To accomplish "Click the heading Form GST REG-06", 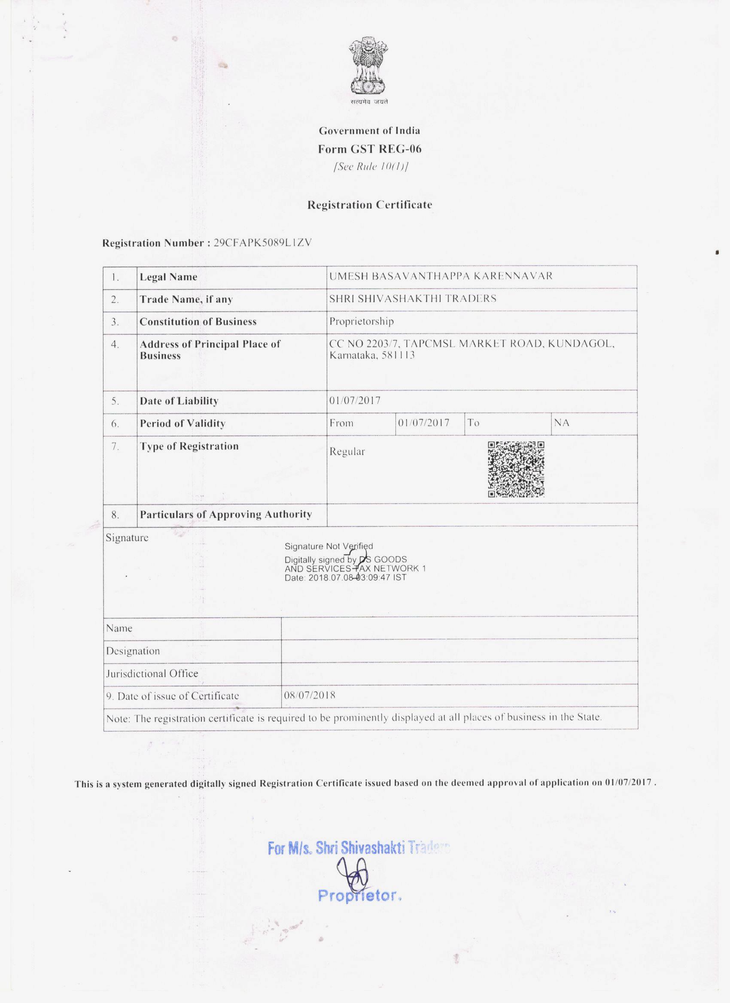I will click(369, 149).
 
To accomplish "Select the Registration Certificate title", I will click(370, 205).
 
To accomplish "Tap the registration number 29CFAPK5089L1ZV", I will click(262, 243).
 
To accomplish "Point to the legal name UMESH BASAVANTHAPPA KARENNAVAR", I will click(441, 276).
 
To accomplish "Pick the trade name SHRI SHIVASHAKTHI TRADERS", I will click(413, 299).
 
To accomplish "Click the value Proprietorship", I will click(361, 321).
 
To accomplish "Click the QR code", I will click(516, 469).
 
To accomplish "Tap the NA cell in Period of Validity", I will click(561, 423).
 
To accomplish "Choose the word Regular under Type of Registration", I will click(347, 452).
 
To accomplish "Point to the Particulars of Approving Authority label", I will click(226, 514).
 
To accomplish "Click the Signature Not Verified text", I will click(328, 546).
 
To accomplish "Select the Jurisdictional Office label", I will click(152, 673).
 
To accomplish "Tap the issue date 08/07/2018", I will click(310, 695).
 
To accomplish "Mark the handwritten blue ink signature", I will click(353, 874).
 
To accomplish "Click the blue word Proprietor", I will click(359, 896).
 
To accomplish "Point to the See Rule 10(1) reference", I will click(370, 167).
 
